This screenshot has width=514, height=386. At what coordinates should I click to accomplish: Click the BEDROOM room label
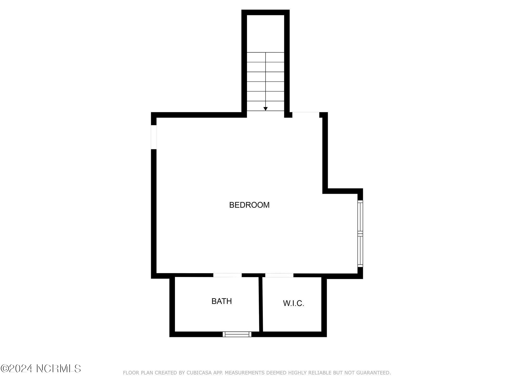249,205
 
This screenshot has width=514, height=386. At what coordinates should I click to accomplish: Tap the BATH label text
222,301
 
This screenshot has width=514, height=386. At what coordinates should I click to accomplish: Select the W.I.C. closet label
294,303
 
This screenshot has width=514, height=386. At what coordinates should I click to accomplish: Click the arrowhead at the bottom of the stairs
266,109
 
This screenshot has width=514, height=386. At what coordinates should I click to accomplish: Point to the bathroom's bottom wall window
237,334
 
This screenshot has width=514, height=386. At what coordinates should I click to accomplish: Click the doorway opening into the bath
227,275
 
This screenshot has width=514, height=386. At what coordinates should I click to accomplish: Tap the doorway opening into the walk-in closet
279,275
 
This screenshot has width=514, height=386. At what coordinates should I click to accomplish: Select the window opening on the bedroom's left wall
154,137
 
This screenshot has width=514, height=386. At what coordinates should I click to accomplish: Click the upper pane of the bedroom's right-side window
360,217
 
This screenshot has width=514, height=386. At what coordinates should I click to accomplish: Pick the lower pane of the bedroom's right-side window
360,250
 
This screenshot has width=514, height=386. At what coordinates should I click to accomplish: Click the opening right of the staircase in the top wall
306,115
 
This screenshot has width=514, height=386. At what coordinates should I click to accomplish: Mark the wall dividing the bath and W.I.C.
261,304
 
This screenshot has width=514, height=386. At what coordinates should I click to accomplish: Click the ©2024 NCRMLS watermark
41,369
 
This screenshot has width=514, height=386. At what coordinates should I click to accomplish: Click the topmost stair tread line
266,53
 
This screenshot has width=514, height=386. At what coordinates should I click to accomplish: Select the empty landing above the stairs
266,34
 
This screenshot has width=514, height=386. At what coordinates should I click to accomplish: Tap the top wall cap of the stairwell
266,12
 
